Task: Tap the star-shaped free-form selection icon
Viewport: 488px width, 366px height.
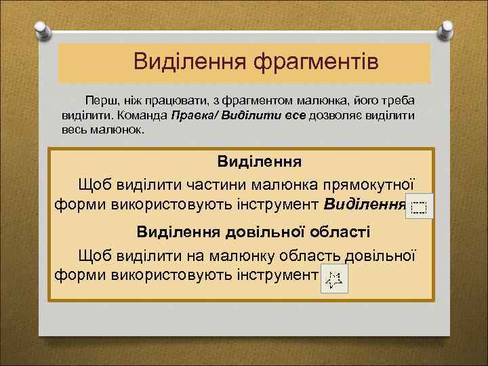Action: [334, 279]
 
